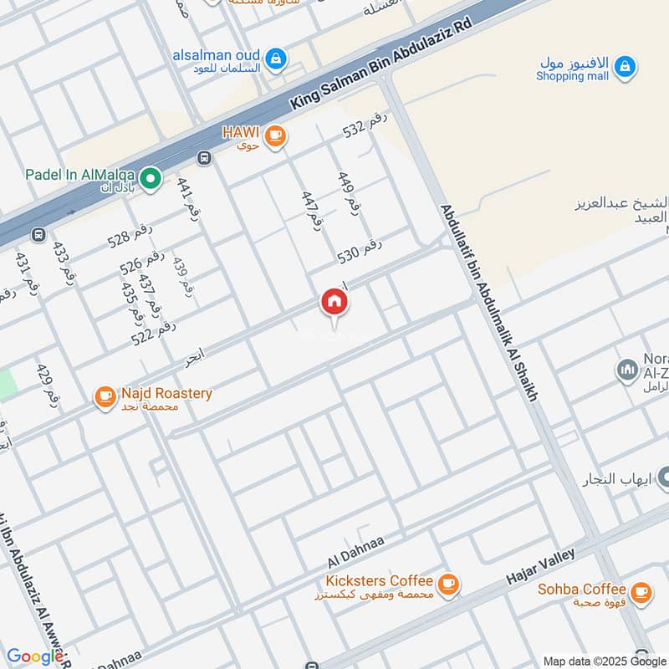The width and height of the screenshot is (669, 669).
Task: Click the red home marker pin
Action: pos(334,302)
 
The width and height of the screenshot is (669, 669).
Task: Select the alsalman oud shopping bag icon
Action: pos(278,59)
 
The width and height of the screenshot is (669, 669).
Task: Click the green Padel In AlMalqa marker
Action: pos(150,178)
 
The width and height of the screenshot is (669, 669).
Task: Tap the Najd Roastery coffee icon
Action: pos(105,397)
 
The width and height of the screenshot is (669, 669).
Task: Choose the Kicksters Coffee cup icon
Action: pos(448,583)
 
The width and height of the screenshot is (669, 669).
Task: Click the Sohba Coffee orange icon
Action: pos(641,593)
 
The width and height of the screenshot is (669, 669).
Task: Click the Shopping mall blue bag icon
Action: pos(624,66)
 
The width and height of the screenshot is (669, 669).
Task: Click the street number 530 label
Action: pos(360,248)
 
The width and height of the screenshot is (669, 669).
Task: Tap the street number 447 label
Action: pos(311,210)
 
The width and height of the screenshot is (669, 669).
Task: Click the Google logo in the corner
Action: pos(34,656)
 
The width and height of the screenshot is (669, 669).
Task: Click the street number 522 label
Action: pos(153,332)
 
